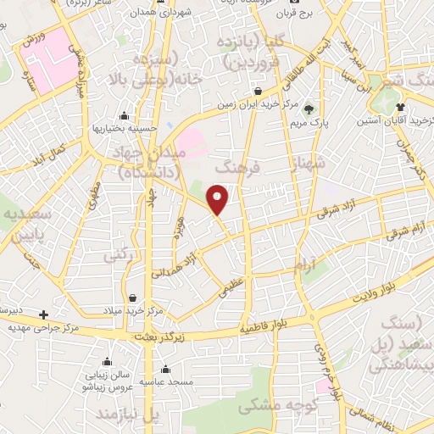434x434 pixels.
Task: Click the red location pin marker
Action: [218, 198]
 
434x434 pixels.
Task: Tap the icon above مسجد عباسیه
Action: [164, 369]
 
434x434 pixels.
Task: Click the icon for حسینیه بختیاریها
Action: [125, 116]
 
